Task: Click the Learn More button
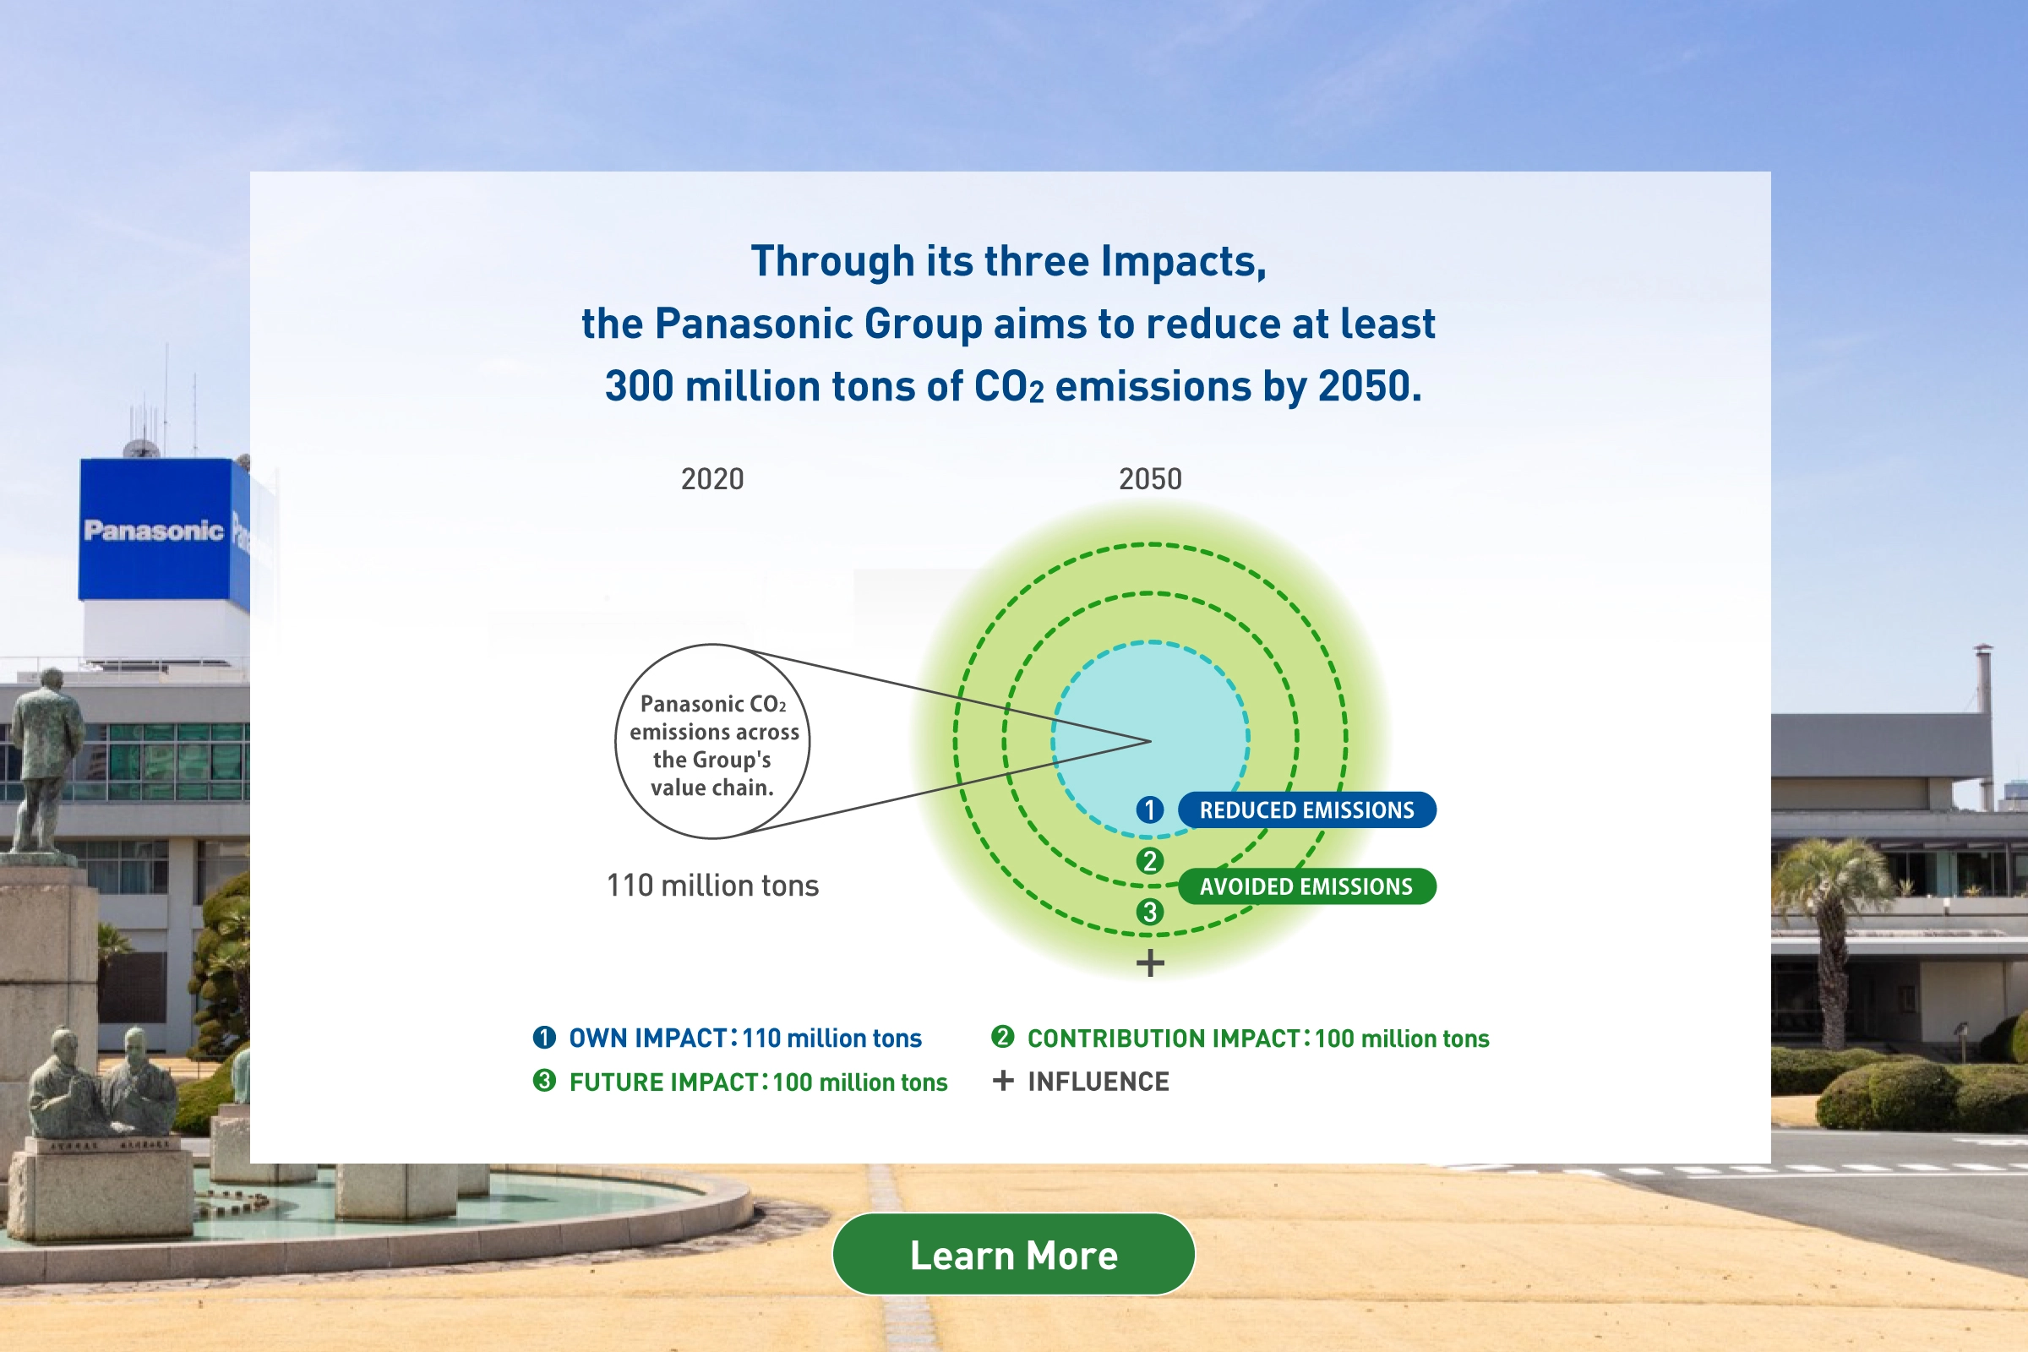1013,1255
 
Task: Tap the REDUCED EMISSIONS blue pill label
1306,810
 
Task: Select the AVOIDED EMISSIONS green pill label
1306,886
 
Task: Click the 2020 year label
712,478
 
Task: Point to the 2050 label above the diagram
1150,478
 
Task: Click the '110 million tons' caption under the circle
712,886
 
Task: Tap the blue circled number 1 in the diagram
1149,810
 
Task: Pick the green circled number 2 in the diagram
1149,860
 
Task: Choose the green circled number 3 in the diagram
1149,912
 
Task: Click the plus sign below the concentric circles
1150,962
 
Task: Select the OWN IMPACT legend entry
727,1038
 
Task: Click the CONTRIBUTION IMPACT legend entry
1240,1038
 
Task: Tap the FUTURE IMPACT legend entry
740,1082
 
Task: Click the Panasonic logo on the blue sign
154,531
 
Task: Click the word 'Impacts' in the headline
1184,262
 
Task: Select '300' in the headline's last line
639,386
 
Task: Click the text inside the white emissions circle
713,746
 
